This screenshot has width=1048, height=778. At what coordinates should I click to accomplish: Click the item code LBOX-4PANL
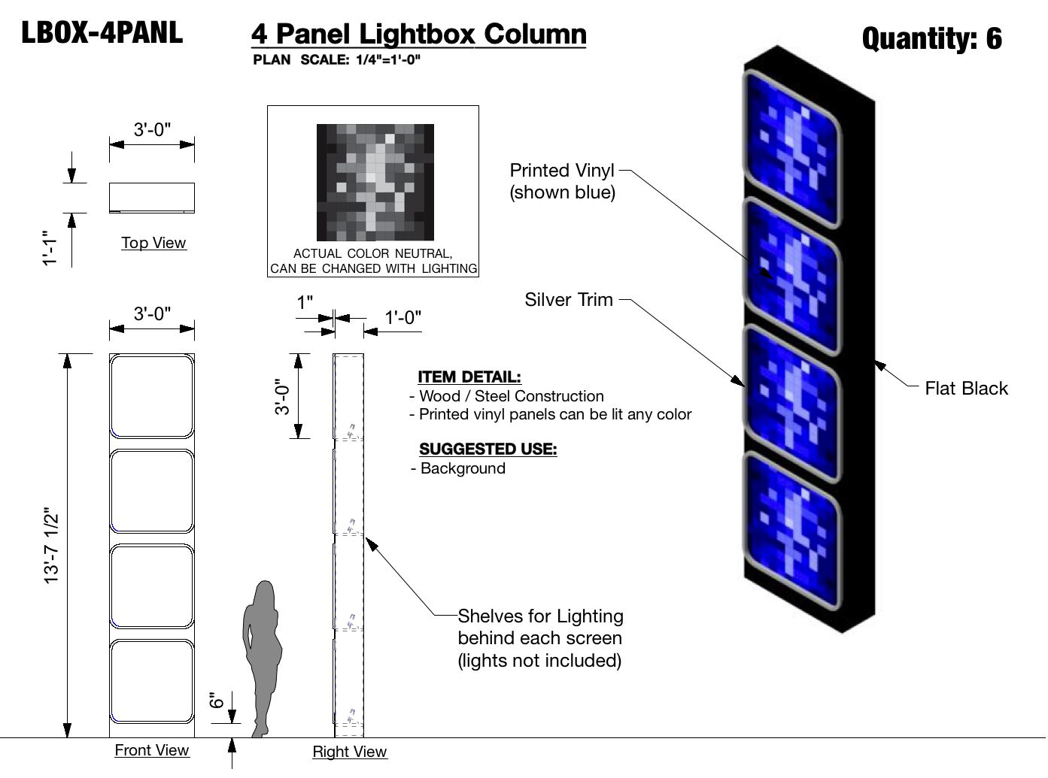[x=102, y=33]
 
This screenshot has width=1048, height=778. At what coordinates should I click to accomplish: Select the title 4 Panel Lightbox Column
[x=418, y=35]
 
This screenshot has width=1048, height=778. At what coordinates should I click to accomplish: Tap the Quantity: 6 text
[x=931, y=38]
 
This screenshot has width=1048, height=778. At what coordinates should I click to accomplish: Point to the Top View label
[x=153, y=243]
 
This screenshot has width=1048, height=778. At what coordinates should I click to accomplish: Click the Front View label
[x=152, y=750]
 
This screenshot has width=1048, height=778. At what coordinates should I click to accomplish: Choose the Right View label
[x=350, y=752]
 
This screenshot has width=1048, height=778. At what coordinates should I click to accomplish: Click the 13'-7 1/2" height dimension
[x=51, y=546]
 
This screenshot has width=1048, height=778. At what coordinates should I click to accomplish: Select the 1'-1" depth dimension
[x=50, y=248]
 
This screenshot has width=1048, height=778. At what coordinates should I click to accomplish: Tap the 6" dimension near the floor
[x=217, y=701]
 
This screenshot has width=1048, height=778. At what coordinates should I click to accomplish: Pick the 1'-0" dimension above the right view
[x=403, y=318]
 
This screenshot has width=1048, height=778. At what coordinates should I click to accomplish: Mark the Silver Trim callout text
[x=569, y=300]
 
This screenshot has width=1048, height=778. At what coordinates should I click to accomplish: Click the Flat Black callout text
[x=966, y=389]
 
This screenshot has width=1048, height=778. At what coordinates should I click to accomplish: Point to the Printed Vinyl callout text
[x=562, y=181]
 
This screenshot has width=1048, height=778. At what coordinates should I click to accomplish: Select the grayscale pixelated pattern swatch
[x=375, y=182]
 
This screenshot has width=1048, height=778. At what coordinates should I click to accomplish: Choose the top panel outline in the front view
[x=152, y=396]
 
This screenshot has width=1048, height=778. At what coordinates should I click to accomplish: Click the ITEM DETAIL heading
[x=469, y=377]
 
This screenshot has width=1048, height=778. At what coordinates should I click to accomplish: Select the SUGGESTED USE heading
[x=488, y=450]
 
